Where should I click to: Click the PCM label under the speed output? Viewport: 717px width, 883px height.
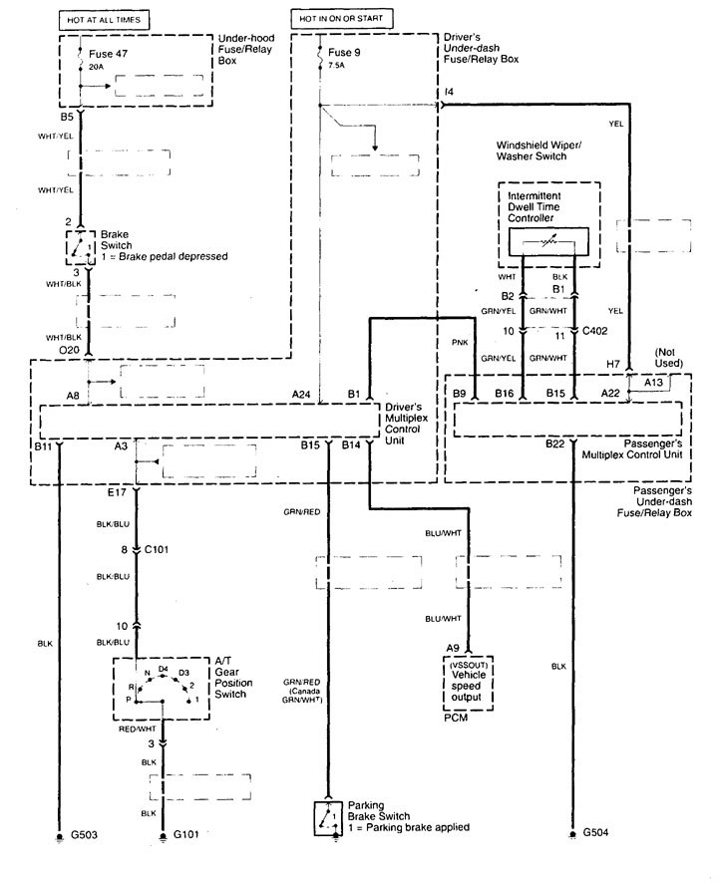click(x=455, y=715)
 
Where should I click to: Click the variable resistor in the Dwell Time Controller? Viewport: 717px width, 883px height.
click(x=547, y=242)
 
